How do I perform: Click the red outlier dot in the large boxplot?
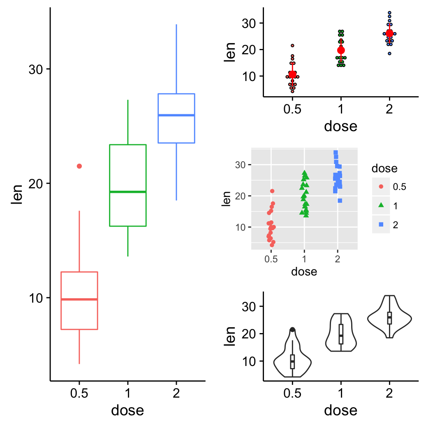pos(79,166)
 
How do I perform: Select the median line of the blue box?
pos(176,115)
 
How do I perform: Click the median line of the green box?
pos(128,192)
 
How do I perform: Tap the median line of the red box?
pos(79,299)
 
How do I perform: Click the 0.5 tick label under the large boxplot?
pos(79,393)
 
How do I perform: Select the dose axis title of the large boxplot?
pos(127,410)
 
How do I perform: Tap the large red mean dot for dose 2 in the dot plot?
pos(389,34)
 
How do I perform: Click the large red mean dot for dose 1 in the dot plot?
pos(341,51)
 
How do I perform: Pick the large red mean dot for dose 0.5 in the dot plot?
pos(292,74)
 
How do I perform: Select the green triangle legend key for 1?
pos(381,205)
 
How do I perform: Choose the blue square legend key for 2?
pos(381,225)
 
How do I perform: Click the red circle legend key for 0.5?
pos(381,186)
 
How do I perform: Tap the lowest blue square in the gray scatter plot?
pos(340,201)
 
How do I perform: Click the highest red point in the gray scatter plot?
pos(272,191)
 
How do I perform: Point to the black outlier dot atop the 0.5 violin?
pos(292,330)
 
